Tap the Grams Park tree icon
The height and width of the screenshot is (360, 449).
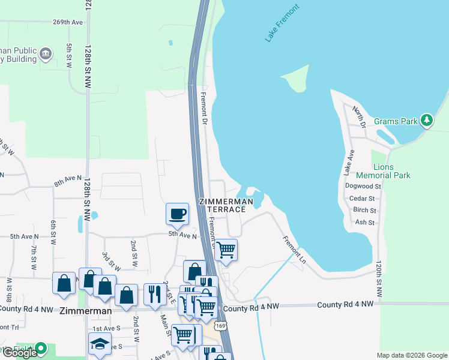pyautogui.click(x=427, y=121)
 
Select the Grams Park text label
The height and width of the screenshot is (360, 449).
pyautogui.click(x=396, y=121)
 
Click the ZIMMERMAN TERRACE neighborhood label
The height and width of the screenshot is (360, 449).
pyautogui.click(x=227, y=205)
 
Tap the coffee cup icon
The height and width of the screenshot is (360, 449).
pyautogui.click(x=178, y=214)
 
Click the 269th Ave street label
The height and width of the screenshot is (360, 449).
pyautogui.click(x=67, y=22)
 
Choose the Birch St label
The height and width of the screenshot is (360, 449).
pyautogui.click(x=364, y=211)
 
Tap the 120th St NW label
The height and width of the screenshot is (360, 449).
pyautogui.click(x=378, y=280)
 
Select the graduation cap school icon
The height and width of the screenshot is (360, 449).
pyautogui.click(x=100, y=343)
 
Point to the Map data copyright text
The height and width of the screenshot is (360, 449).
pyautogui.click(x=411, y=355)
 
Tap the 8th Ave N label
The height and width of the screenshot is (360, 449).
pyautogui.click(x=67, y=179)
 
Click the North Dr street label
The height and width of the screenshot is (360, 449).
pyautogui.click(x=359, y=116)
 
